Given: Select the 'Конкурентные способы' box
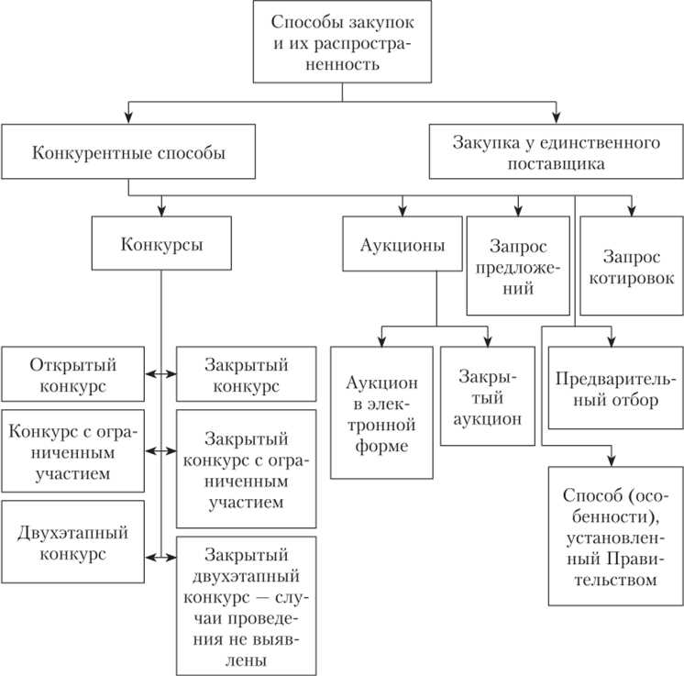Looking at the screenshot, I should click(128, 152).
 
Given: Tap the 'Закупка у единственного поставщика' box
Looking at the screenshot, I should click(557, 152).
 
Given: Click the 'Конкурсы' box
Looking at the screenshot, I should click(161, 244).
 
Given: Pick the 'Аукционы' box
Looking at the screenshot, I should click(403, 244).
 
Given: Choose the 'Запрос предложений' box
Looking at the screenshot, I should click(517, 265).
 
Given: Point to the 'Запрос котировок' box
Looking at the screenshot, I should click(632, 265).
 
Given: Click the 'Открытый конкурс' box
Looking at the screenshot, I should click(73, 374).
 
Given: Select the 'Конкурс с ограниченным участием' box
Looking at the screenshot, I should click(73, 451).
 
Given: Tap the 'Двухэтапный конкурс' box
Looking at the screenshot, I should click(73, 542).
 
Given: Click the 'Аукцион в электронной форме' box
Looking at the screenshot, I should click(381, 413).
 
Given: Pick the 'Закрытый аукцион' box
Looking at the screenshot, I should click(487, 396).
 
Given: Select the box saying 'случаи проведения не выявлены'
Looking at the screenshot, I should click(247, 605).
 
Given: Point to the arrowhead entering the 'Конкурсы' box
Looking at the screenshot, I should click(161, 210).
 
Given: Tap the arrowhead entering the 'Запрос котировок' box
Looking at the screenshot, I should click(632, 210).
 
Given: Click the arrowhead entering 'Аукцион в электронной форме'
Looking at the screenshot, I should click(381, 340).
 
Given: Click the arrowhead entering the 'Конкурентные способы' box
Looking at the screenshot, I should click(128, 119).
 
